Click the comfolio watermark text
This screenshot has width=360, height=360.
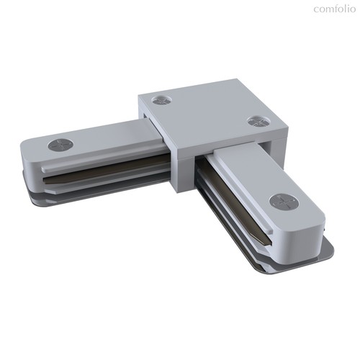pyautogui.click(x=334, y=9)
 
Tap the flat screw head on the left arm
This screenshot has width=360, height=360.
pyautogui.click(x=60, y=145)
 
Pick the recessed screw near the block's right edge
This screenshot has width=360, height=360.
pyautogui.click(x=258, y=121)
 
